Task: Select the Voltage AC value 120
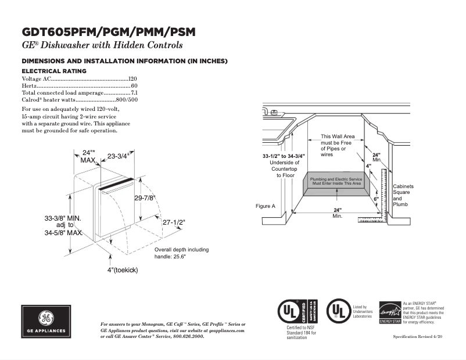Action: [132, 78]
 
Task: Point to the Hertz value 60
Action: [134, 85]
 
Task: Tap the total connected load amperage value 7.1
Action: [134, 92]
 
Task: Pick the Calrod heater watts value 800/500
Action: [127, 99]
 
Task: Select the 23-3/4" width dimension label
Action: [119, 156]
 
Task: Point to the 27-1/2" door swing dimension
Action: [173, 222]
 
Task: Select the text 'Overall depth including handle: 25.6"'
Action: [181, 253]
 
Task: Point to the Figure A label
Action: [265, 206]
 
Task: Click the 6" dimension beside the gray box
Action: [376, 199]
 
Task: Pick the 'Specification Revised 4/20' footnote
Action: [418, 337]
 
